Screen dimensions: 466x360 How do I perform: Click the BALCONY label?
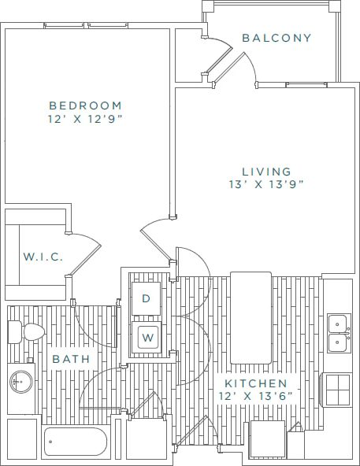tap(276, 38)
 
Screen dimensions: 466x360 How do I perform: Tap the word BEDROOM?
tap(85, 105)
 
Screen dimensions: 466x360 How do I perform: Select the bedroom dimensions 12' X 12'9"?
tap(85, 119)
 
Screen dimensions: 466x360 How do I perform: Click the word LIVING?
tap(255, 172)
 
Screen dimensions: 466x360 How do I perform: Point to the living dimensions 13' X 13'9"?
tap(262, 185)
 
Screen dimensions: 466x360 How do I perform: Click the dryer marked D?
tap(146, 298)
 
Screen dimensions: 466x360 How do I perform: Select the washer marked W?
tap(147, 338)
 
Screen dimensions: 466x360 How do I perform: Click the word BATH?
tap(71, 359)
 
